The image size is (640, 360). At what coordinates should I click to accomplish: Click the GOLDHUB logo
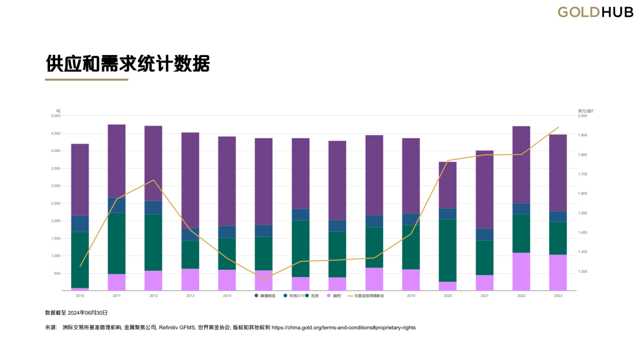(595, 12)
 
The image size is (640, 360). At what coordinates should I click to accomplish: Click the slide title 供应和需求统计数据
(127, 64)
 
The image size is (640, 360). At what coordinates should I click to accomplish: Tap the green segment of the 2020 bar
(448, 250)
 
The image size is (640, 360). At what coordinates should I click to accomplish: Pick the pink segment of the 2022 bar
(521, 272)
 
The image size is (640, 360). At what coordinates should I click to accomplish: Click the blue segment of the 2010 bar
(80, 224)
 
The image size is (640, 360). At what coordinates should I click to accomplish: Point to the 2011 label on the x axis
(117, 296)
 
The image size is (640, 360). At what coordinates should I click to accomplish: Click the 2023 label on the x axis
(558, 296)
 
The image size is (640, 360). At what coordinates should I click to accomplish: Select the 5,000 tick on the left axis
(56, 116)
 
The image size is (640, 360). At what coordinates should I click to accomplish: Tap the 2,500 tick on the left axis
(56, 203)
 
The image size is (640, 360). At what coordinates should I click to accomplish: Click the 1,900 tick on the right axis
(582, 135)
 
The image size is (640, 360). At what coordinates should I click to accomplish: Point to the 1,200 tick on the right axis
(582, 272)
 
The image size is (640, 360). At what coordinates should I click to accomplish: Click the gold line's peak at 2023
(558, 127)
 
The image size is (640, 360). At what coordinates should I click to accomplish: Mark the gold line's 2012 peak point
(154, 180)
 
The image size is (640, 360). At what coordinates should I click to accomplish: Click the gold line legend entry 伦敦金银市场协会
(369, 296)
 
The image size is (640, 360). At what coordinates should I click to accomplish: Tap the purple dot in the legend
(257, 296)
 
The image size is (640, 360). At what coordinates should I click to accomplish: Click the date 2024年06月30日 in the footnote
(87, 313)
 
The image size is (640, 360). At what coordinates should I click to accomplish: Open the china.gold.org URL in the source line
(343, 328)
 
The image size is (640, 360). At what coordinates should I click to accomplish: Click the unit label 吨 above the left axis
(58, 111)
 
